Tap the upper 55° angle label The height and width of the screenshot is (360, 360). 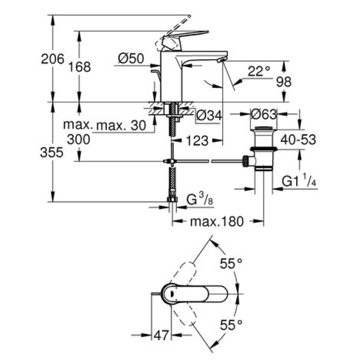230,264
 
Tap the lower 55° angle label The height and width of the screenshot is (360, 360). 230,325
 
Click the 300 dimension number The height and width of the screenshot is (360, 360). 79,139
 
